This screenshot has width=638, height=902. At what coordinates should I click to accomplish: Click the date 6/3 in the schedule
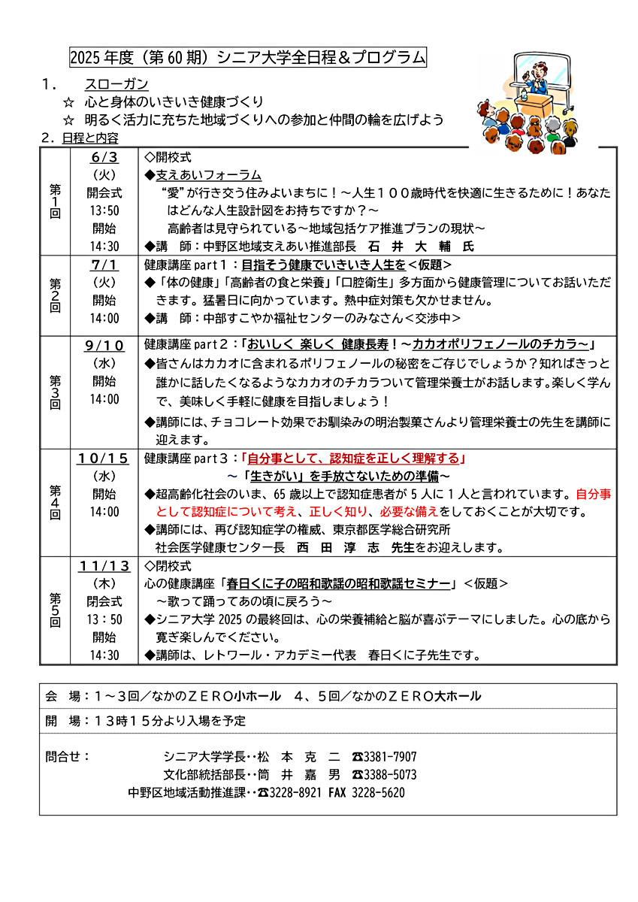click(x=104, y=158)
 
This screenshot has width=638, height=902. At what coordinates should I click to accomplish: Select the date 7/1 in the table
click(x=104, y=265)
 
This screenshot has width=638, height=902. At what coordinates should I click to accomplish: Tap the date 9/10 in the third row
click(x=104, y=346)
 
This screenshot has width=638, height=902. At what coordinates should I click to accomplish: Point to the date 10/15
click(x=104, y=459)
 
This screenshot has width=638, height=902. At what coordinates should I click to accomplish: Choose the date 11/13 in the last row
click(x=104, y=566)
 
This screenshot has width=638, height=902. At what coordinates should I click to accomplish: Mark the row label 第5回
click(x=55, y=610)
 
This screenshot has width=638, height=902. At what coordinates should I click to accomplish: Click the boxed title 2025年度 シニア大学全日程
click(x=247, y=57)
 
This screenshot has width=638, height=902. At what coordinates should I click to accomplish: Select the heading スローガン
click(x=116, y=84)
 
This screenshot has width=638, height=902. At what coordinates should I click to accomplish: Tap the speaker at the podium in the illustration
click(x=538, y=77)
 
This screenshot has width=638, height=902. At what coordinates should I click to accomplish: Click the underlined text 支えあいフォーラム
click(x=209, y=175)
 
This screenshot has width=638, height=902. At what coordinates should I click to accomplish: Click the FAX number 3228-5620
click(x=379, y=792)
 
